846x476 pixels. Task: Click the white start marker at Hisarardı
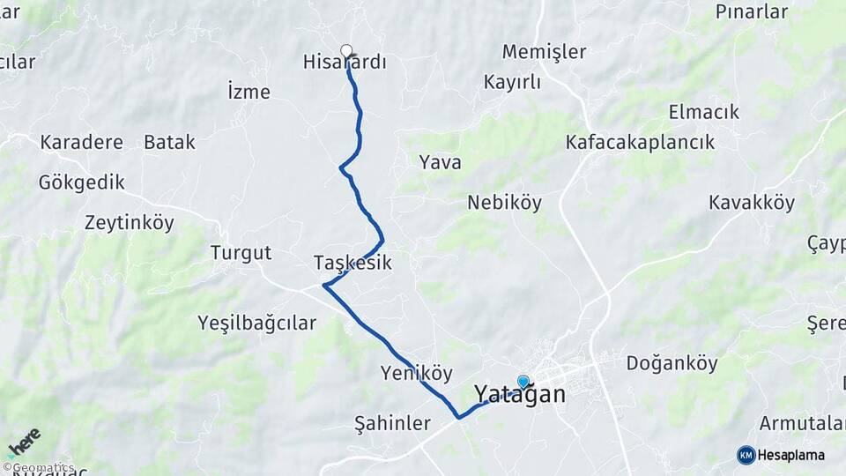346,51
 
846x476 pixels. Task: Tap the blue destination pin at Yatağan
523,382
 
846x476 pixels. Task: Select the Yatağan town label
520,394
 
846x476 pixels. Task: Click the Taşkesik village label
352,263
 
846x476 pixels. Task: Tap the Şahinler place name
391,422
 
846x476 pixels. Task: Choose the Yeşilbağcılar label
256,323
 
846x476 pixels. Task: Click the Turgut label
241,254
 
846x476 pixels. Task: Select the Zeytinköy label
130,223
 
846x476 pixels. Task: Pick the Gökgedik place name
81,182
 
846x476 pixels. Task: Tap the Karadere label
81,142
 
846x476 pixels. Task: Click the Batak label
169,142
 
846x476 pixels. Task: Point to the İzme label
249,92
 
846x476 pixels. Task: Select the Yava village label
440,162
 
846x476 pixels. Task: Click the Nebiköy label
504,203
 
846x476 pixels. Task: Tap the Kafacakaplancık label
640,142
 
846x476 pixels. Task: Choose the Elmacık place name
703,112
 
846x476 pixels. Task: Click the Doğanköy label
672,362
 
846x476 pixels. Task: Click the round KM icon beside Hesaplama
746,455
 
